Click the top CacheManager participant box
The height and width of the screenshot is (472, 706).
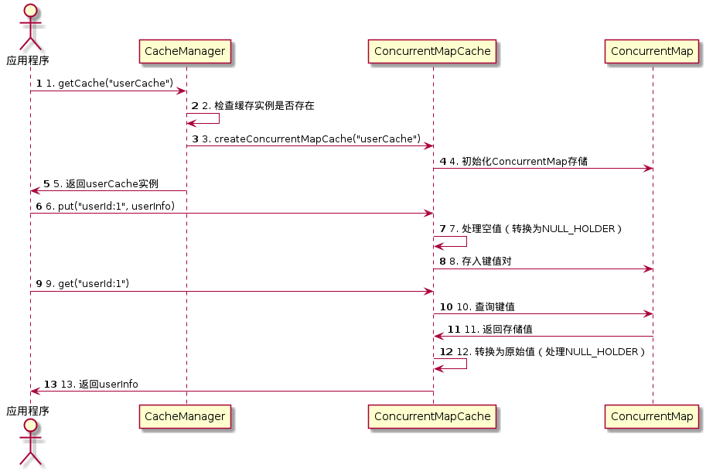pos(185,52)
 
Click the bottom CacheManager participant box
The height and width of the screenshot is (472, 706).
pos(185,416)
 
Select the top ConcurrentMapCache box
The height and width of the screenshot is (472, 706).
pos(431,52)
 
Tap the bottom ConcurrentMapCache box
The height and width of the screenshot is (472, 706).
pos(431,416)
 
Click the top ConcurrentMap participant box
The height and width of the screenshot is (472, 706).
pos(652,52)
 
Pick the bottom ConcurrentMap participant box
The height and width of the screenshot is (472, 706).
pos(652,416)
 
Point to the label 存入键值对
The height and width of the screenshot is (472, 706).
pos(479,262)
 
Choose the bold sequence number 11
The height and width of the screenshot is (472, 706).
pos(454,329)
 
